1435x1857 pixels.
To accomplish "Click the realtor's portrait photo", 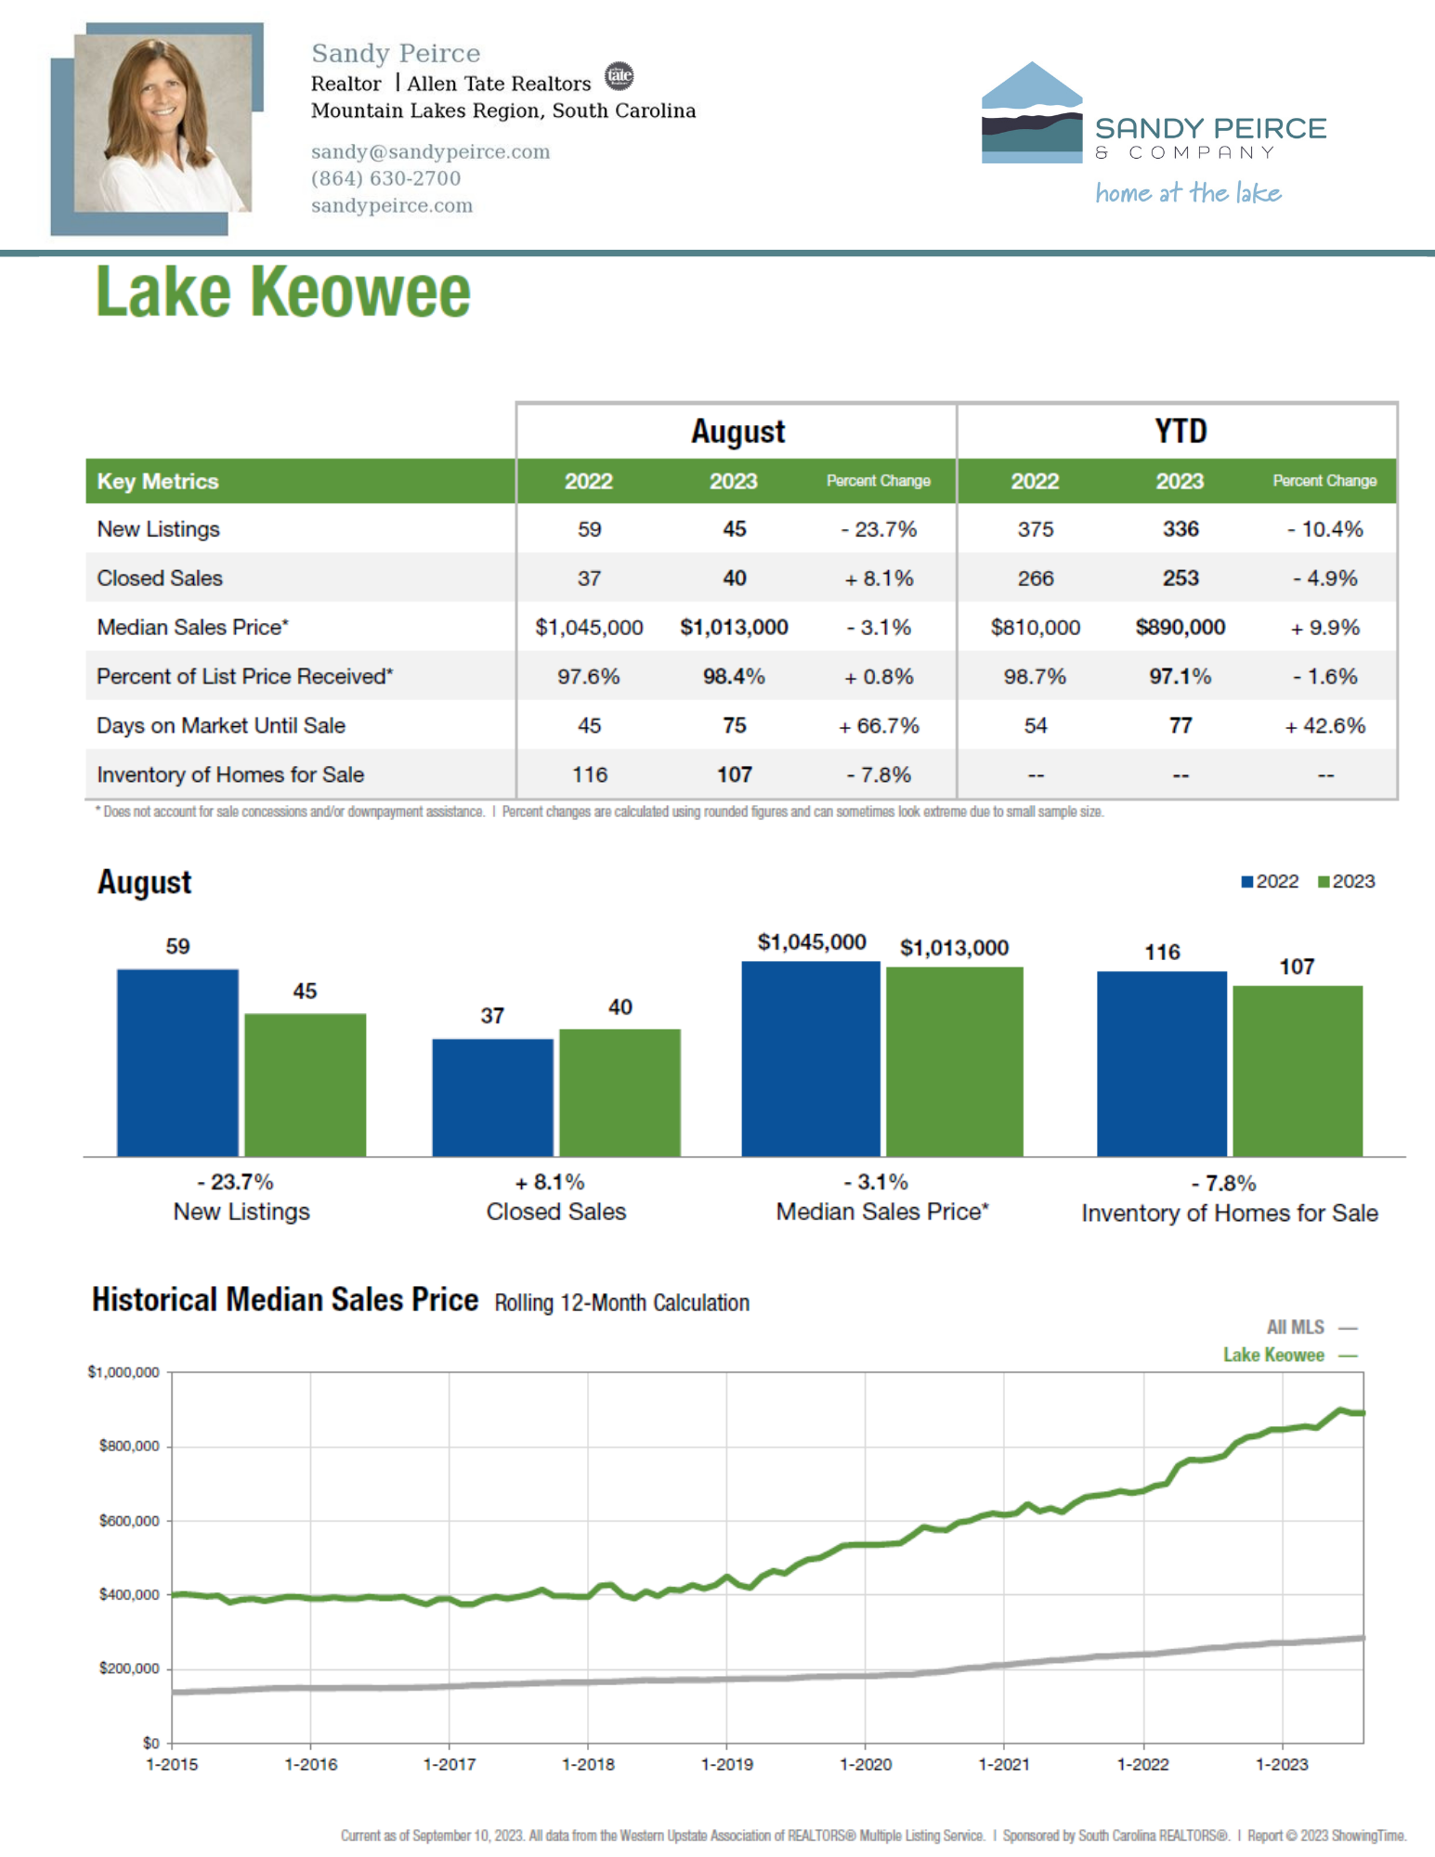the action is point(163,123).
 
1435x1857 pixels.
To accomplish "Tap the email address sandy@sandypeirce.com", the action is point(430,151).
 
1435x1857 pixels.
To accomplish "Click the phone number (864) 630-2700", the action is point(385,178).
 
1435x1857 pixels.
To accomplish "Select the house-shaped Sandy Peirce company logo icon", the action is point(1032,112).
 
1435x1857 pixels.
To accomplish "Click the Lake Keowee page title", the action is point(283,292).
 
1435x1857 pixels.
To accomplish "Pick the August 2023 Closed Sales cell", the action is point(734,578).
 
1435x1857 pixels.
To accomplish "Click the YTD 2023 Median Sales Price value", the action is point(1181,628).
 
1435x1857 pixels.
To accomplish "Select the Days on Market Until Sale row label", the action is point(221,726).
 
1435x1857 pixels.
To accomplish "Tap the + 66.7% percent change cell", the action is point(879,726).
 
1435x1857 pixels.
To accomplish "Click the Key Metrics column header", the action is point(158,481).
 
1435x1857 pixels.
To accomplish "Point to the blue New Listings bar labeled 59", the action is point(177,1063).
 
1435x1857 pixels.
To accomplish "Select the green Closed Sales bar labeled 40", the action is point(620,1093).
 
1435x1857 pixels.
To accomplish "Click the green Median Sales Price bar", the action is point(955,1062).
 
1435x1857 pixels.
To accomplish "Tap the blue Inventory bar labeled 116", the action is point(1162,1064).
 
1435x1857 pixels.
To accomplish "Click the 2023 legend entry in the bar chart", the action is point(1346,881).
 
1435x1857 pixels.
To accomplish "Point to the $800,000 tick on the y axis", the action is point(129,1447).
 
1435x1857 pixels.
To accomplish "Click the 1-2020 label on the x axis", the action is point(866,1764).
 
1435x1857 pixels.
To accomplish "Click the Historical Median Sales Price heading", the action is point(285,1299).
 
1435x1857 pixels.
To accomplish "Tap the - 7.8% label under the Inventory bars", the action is point(1224,1183).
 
